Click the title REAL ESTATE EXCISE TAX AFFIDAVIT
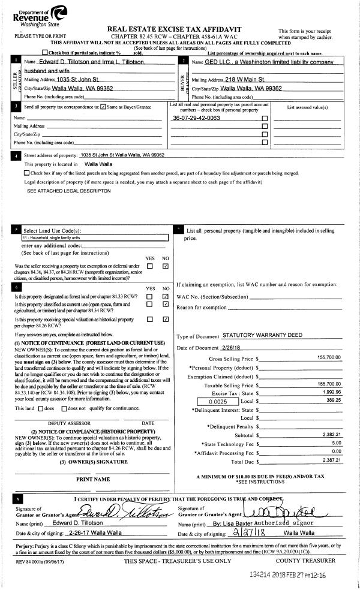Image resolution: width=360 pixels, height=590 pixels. pyautogui.click(x=182, y=29)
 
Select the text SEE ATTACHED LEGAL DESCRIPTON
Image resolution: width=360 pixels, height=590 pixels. pyautogui.click(x=69, y=191)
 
